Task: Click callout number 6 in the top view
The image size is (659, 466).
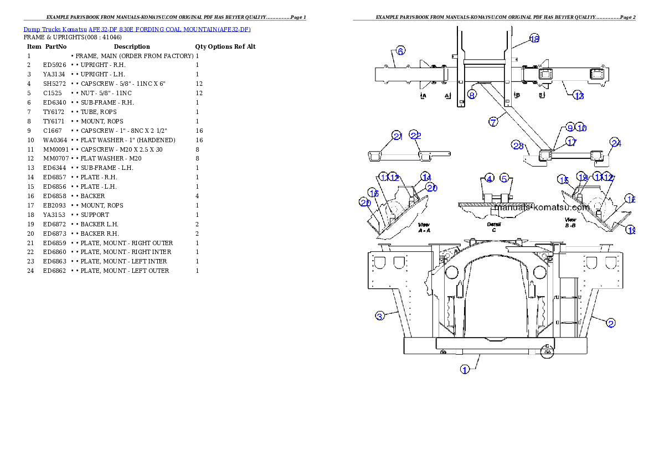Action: click(x=400, y=50)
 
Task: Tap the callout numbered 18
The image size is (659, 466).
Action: click(x=534, y=39)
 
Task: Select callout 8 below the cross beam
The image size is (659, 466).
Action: click(x=472, y=95)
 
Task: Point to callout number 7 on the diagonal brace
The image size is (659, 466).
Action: click(x=493, y=122)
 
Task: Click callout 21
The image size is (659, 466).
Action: click(x=397, y=136)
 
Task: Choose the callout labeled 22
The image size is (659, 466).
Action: click(x=415, y=135)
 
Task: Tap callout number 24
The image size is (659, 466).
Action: click(x=616, y=143)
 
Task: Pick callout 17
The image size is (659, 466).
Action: click(x=572, y=142)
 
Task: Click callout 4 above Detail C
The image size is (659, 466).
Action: click(x=489, y=178)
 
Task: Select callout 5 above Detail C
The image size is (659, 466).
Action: click(x=504, y=178)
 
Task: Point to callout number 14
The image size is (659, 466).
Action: click(x=426, y=177)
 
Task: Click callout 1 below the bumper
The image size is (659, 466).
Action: click(x=465, y=369)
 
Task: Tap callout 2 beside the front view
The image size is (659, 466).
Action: click(x=610, y=323)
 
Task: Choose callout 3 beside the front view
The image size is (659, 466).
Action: click(x=380, y=316)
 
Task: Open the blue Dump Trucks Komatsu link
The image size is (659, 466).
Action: click(x=137, y=29)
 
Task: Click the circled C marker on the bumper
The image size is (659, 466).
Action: click(x=547, y=350)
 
